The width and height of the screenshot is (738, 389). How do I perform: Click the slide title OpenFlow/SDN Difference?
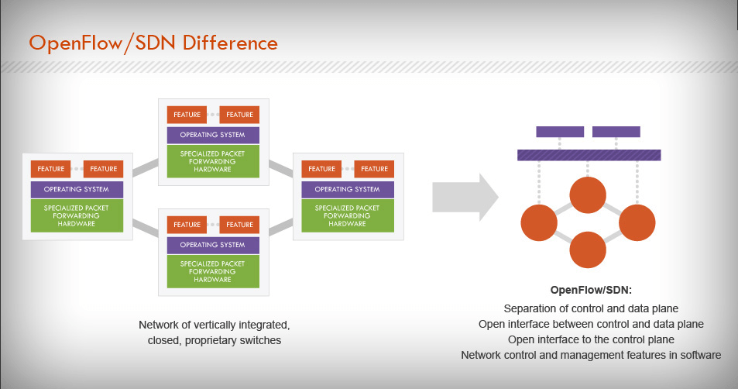[x=153, y=42]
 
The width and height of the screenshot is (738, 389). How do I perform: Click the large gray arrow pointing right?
[x=464, y=198]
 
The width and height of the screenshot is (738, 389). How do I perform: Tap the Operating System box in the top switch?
[x=212, y=135]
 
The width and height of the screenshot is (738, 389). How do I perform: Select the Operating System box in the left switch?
[x=76, y=189]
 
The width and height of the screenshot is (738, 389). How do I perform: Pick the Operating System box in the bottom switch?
[x=212, y=245]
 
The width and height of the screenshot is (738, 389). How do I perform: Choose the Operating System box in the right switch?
[x=347, y=189]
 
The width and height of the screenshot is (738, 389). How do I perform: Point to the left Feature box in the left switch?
[x=50, y=169]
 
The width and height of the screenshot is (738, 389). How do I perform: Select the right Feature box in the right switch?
[x=374, y=169]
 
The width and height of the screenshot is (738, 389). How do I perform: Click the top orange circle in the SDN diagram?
[x=588, y=195]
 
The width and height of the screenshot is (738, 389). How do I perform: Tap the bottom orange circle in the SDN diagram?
[x=588, y=249]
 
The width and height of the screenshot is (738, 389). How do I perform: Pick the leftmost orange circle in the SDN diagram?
[x=540, y=222]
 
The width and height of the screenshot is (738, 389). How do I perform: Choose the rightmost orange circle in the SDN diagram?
[x=637, y=222]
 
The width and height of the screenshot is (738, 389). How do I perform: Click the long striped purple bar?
[x=589, y=155]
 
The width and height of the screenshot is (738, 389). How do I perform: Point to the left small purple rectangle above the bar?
[x=560, y=132]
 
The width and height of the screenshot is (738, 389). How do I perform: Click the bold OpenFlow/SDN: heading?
[x=591, y=291]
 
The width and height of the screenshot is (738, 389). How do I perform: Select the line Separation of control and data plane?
[x=591, y=308]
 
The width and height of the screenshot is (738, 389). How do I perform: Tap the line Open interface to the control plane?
[x=591, y=339]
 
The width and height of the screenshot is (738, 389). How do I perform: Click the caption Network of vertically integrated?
[x=213, y=324]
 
